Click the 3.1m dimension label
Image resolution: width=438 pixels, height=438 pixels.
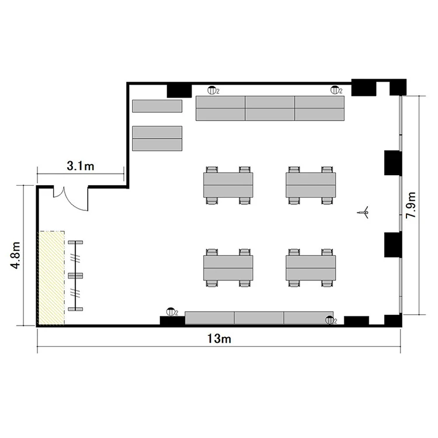(80, 166)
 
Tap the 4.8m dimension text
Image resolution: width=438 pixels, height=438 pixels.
(15, 255)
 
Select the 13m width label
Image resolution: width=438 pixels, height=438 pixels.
(219, 339)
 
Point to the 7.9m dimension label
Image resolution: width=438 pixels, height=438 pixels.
(411, 205)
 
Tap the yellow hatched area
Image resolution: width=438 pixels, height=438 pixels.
(51, 278)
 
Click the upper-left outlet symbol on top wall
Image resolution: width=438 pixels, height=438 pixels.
(212, 90)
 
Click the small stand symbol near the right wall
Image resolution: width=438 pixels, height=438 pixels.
(363, 213)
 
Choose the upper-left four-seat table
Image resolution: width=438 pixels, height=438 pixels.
(228, 185)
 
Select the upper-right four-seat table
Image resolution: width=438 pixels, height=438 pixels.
(311, 185)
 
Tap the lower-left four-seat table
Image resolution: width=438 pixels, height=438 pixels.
(228, 267)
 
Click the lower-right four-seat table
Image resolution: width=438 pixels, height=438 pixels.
(311, 267)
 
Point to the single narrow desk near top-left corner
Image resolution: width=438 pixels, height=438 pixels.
(157, 106)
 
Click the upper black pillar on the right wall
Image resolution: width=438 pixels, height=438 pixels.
(393, 163)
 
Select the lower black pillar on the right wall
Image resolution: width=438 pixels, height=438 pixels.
(393, 245)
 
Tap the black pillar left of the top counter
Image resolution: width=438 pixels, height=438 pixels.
(179, 91)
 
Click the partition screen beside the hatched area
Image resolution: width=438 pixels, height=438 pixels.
(75, 276)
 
